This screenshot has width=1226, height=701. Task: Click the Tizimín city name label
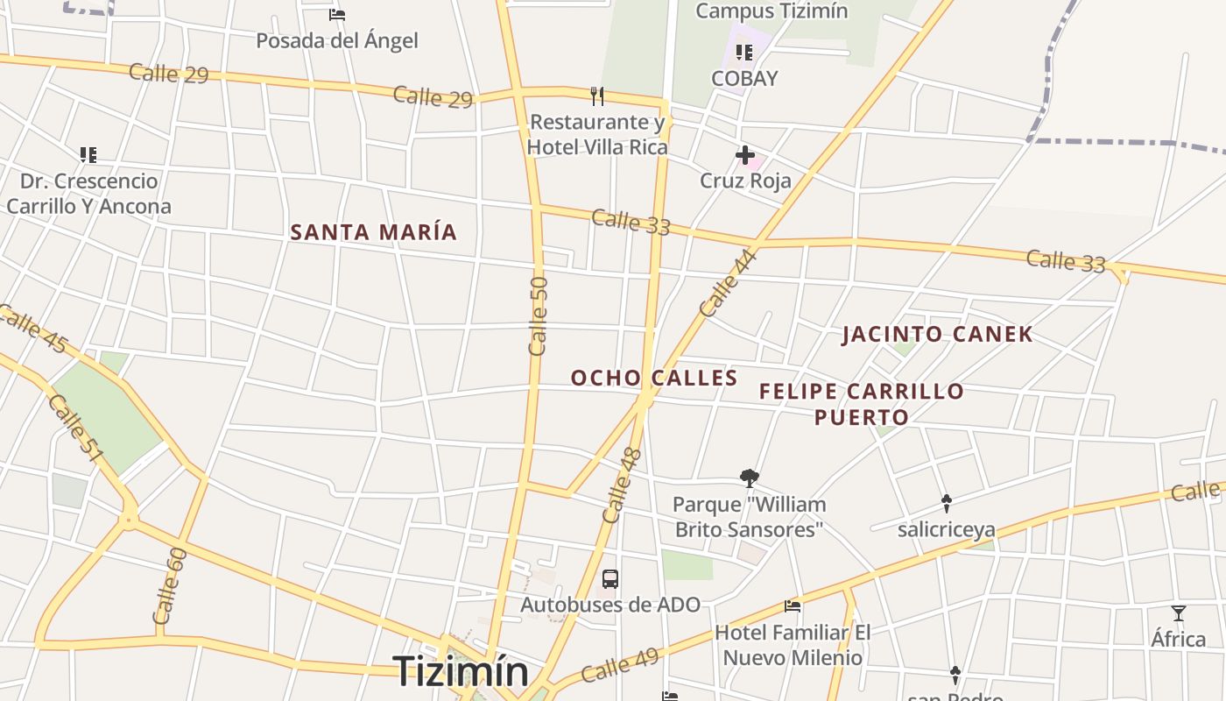(461, 671)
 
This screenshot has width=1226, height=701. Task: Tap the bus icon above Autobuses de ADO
(610, 579)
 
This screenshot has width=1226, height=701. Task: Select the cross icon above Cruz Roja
(745, 156)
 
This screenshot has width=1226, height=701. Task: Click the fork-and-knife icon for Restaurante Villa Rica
(597, 96)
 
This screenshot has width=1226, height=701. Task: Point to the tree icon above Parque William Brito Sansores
(749, 478)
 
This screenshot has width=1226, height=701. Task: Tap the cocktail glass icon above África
(1179, 613)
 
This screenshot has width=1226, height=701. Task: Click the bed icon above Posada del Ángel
(337, 15)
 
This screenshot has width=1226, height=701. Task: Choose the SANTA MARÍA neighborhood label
(374, 232)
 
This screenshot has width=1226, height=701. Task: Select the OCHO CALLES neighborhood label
(654, 378)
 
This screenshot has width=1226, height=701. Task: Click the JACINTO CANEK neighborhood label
(938, 334)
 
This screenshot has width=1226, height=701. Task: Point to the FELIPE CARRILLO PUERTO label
(862, 403)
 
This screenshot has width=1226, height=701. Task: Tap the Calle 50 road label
(539, 315)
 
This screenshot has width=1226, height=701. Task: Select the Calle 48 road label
(623, 485)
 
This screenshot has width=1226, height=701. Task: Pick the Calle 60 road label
(170, 585)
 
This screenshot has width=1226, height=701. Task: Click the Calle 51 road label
(75, 428)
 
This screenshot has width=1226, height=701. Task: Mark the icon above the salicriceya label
(947, 503)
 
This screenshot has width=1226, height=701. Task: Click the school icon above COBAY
(743, 53)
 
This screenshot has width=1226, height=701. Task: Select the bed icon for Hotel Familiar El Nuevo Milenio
(793, 605)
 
